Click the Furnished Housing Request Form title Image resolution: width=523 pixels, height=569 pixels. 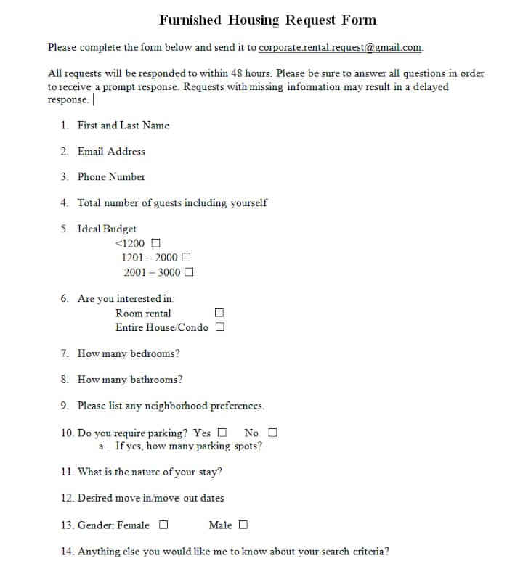(x=267, y=20)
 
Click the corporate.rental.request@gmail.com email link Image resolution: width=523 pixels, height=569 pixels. (x=340, y=47)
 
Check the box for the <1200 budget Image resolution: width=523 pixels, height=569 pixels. (x=155, y=243)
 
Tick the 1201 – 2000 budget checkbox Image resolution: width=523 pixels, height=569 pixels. (x=186, y=258)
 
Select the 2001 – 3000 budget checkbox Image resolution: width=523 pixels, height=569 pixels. (x=189, y=273)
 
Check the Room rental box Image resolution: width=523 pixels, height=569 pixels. (x=219, y=313)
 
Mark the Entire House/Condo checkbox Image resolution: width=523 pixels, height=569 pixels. (x=219, y=327)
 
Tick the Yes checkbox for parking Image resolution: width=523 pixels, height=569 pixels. (x=222, y=433)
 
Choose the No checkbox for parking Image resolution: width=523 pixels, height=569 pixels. (x=272, y=433)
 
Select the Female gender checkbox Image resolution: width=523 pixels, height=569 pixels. (x=163, y=525)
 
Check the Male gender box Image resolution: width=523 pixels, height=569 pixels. (x=243, y=525)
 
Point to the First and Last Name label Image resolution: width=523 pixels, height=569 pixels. (x=123, y=126)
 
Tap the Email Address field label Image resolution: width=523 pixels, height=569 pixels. (x=111, y=151)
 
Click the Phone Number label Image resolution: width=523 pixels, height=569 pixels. (x=111, y=176)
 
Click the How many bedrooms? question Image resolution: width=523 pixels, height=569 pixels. (x=129, y=353)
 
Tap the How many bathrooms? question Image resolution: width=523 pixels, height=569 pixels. (x=130, y=380)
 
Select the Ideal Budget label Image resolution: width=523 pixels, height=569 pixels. (x=107, y=229)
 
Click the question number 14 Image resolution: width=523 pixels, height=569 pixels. (x=67, y=551)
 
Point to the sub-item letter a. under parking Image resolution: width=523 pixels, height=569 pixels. (x=102, y=446)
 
